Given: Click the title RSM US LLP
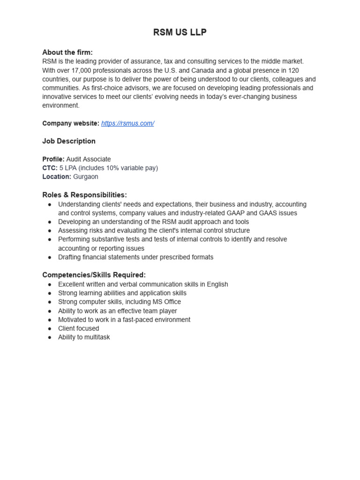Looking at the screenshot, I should click(180, 32).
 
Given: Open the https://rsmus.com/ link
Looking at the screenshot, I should click(127, 123).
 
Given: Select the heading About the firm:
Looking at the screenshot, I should click(67, 52).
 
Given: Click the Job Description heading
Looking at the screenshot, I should click(69, 141).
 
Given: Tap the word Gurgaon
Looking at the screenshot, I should click(86, 177).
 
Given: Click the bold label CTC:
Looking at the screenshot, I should click(50, 168).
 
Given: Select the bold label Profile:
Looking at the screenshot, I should click(53, 159).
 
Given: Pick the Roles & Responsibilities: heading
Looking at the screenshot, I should click(84, 195).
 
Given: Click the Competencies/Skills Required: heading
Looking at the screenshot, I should click(94, 275).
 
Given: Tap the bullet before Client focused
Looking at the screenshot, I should click(50, 329).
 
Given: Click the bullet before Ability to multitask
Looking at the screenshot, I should click(50, 337).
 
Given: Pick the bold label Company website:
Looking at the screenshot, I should click(71, 123).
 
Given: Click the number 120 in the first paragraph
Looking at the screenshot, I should click(293, 70).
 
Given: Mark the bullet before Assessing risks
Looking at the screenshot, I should click(50, 231).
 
